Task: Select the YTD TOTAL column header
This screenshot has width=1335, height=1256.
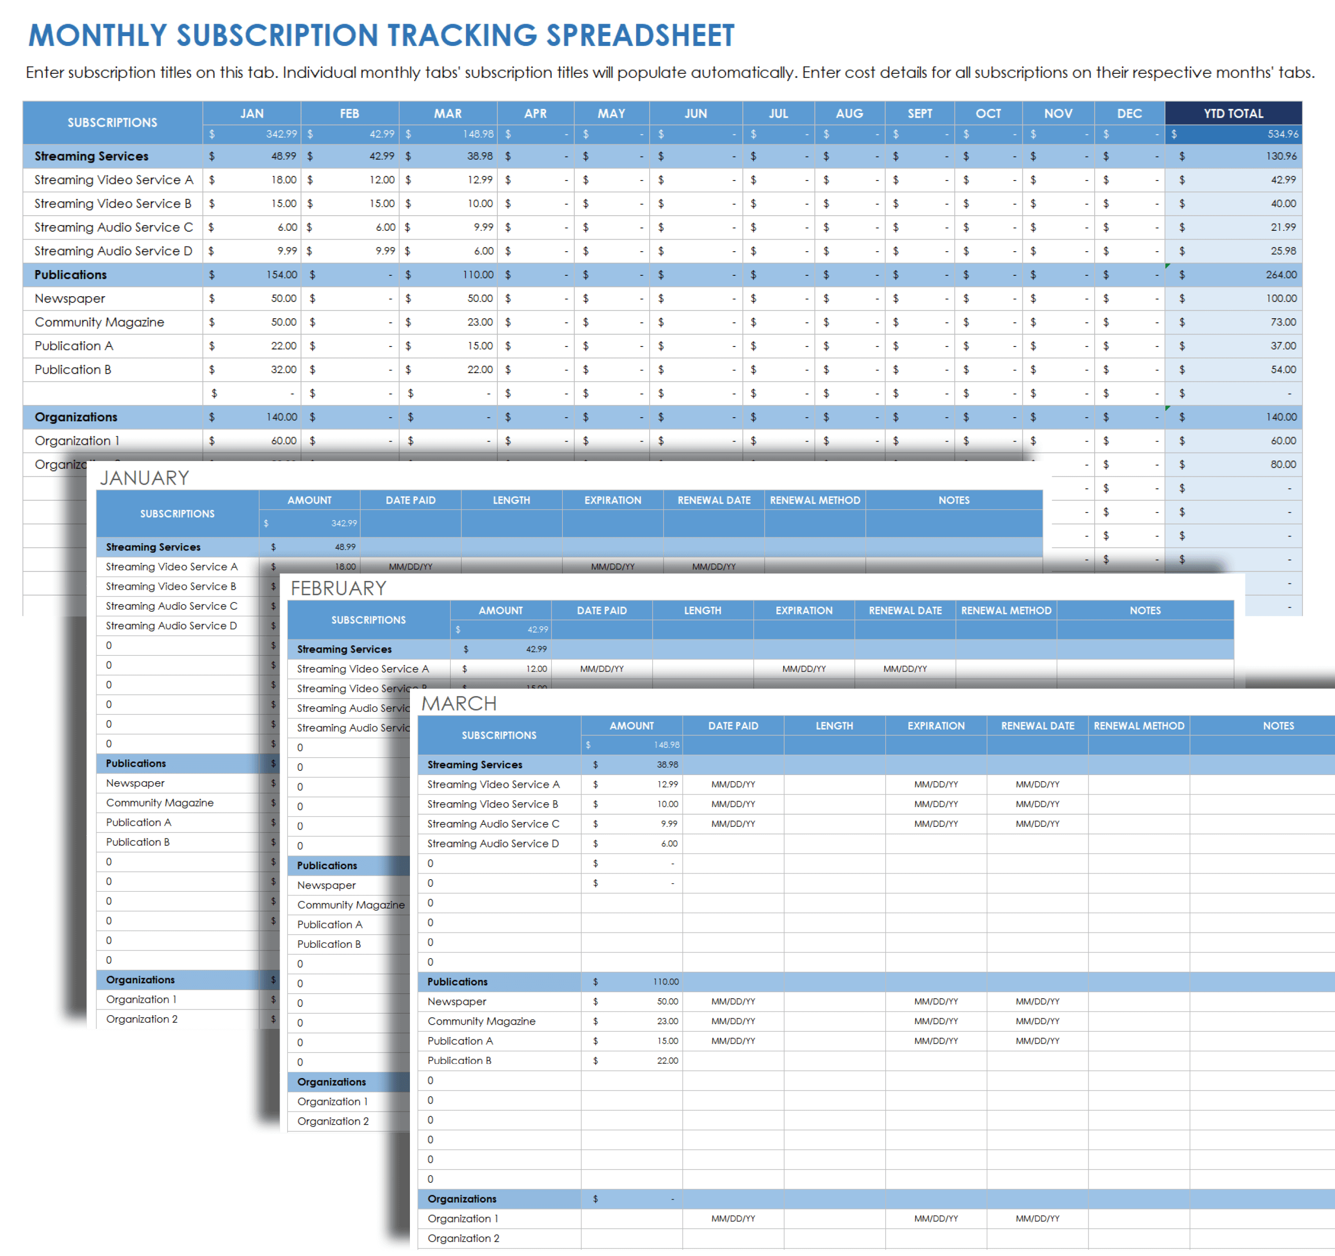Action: tap(1233, 114)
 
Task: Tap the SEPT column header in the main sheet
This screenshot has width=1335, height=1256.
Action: tap(919, 114)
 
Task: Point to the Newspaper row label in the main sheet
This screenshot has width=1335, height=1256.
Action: tap(70, 299)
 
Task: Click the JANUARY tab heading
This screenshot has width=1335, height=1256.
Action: tap(144, 478)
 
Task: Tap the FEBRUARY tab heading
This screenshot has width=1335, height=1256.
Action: tap(338, 588)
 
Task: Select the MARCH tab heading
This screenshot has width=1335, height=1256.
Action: tap(459, 703)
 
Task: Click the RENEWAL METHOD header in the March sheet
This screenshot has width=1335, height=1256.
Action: tap(1139, 726)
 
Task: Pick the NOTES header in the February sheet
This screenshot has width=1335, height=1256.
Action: tap(1145, 610)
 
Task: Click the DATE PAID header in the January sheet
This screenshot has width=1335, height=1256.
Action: tap(410, 500)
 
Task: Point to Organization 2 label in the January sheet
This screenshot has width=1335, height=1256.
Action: tap(142, 1019)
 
